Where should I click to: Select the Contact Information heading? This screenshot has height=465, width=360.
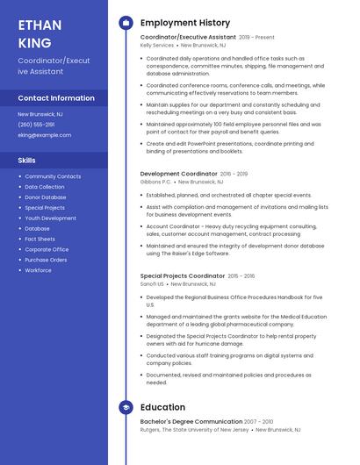pos(56,98)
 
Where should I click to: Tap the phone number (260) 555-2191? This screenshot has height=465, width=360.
pos(36,125)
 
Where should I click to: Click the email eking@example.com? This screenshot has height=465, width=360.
pos(44,135)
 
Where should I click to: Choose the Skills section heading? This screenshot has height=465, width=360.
pos(27,161)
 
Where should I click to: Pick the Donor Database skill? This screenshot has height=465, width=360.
pos(46,197)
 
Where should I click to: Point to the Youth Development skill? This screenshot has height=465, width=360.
pos(50,218)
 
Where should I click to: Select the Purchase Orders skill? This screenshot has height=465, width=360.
pos(46,260)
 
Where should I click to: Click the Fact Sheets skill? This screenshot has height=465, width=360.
pos(40,239)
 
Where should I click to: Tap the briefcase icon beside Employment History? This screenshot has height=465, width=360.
pos(126,23)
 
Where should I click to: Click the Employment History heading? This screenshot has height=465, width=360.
pos(185,23)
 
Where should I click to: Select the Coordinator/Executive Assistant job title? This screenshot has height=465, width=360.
pos(188,37)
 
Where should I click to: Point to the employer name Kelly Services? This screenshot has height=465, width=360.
pos(157,45)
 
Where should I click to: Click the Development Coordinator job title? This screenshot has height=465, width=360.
pos(178,174)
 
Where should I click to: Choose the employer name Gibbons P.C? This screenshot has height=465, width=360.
pos(155,182)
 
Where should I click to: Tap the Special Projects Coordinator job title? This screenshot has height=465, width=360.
pos(183,275)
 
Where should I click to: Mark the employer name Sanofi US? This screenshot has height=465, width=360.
pos(152,283)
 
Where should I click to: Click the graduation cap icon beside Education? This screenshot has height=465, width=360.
pos(126,407)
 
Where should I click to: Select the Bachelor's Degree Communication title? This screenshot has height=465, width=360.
pos(191,422)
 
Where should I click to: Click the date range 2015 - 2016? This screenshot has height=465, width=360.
pos(241,275)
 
